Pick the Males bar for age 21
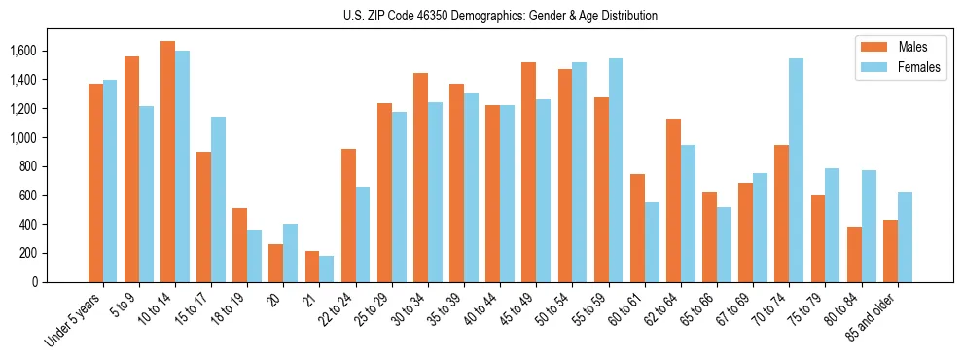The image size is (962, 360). (312, 267)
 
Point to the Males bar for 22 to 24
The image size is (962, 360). (348, 215)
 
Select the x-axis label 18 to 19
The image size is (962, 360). (232, 308)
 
